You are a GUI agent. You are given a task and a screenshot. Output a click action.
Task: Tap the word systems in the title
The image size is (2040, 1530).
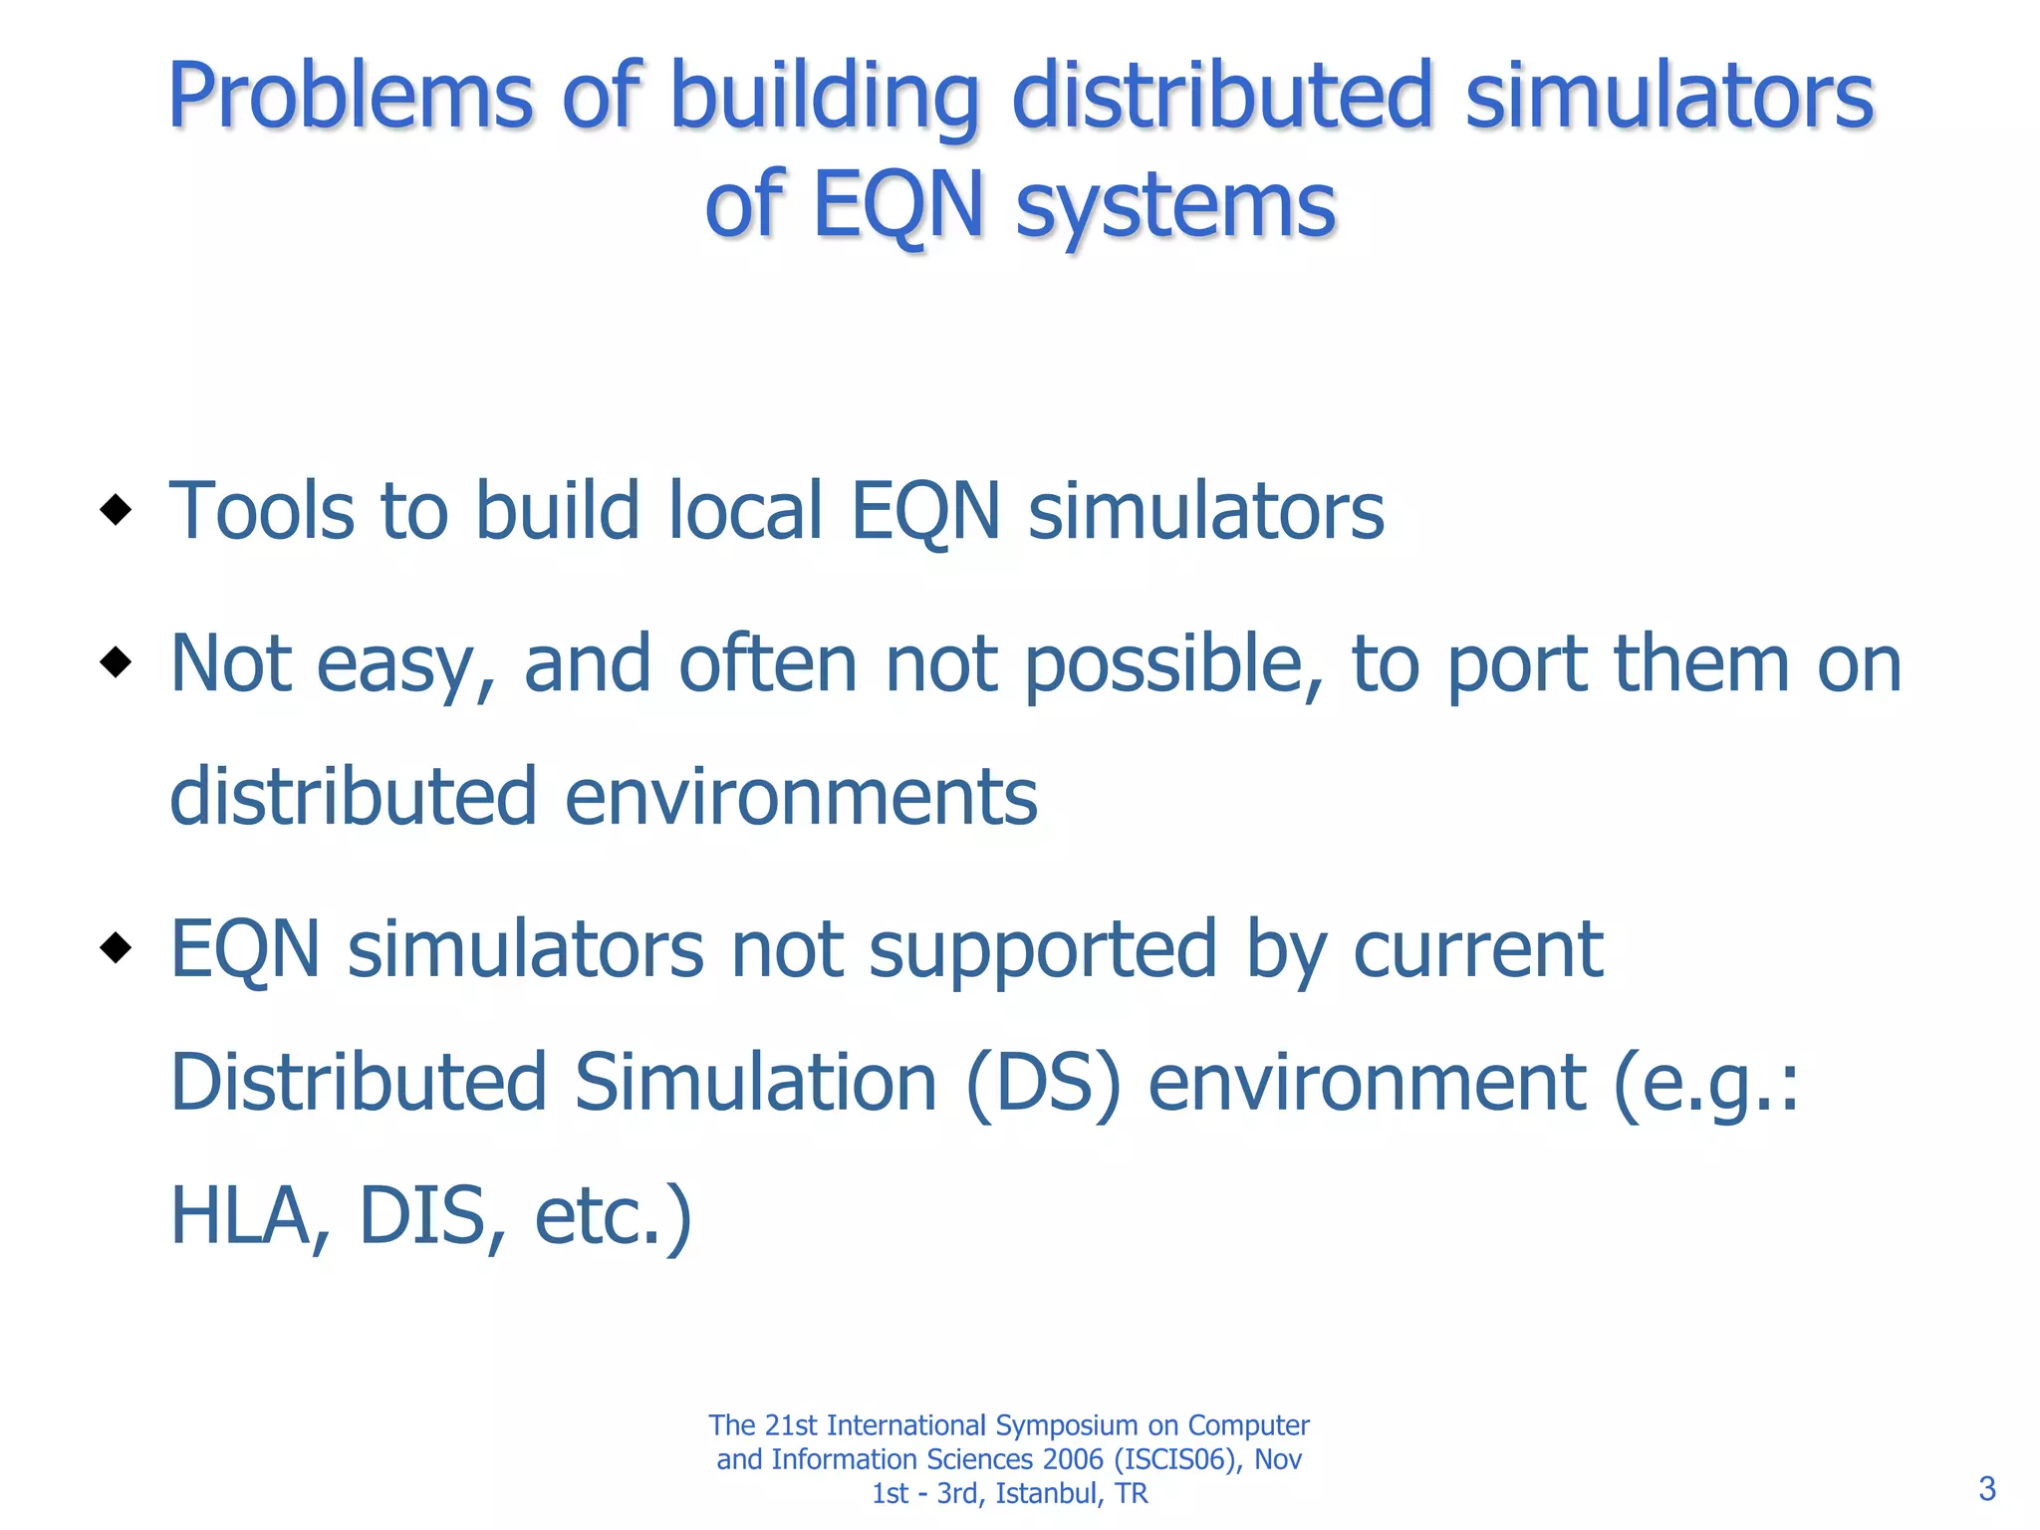click(x=1175, y=206)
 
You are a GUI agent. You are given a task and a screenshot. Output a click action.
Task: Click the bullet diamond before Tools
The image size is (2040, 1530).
click(x=117, y=510)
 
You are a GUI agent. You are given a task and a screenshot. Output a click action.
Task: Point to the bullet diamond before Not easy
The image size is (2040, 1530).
click(x=117, y=662)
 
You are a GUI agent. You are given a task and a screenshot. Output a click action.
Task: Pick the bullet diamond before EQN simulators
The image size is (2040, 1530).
click(x=117, y=948)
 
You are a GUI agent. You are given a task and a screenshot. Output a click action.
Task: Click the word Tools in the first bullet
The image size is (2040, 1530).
click(x=262, y=511)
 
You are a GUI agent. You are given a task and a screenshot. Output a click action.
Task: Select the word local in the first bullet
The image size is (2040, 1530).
click(x=744, y=511)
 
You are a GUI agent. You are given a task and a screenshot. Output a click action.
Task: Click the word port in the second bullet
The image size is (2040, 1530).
click(x=1516, y=664)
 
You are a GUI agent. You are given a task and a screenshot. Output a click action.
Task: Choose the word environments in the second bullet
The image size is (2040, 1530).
click(x=801, y=797)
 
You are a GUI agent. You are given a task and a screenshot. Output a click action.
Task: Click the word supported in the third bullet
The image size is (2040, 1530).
click(x=1043, y=950)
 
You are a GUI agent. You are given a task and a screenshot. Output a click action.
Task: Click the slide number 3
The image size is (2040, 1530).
click(x=1987, y=1489)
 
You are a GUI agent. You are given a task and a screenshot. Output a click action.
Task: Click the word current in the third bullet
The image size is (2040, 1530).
click(x=1477, y=950)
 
